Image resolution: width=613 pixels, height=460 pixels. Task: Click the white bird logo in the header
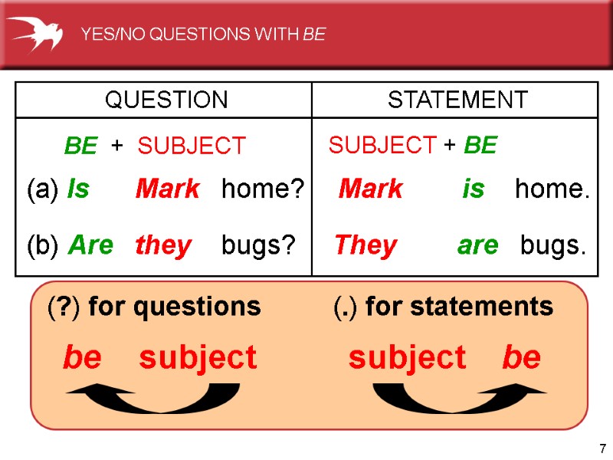click(35, 33)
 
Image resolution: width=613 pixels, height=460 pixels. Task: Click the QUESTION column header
click(166, 100)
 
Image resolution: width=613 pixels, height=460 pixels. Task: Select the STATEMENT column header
click(457, 100)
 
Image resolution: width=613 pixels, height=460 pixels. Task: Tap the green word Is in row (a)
click(78, 189)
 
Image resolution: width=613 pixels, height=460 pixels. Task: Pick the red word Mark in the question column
click(167, 189)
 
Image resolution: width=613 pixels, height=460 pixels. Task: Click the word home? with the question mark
click(263, 189)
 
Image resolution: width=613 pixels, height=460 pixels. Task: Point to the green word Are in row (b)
click(90, 245)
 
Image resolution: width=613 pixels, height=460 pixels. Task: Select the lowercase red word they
click(163, 246)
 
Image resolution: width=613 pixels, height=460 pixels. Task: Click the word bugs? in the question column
click(258, 245)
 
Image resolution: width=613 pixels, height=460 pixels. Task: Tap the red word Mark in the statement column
click(370, 189)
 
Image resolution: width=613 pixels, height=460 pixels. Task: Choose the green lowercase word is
click(473, 189)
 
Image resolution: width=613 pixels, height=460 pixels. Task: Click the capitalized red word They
click(366, 245)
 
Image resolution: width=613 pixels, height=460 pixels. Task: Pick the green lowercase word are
click(477, 245)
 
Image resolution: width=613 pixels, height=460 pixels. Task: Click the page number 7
click(602, 448)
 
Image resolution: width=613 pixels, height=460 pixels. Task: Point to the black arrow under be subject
click(153, 396)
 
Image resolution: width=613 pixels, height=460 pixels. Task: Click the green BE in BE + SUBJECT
click(80, 146)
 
